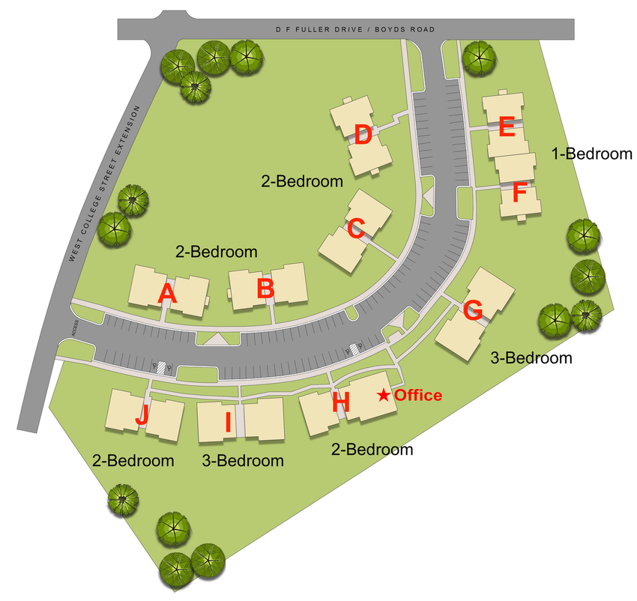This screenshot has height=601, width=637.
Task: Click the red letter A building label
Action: point(168,293)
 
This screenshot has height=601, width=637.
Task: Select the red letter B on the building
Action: point(265,289)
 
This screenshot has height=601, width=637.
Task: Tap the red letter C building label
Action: point(356,229)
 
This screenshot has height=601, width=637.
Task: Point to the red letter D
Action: point(363,136)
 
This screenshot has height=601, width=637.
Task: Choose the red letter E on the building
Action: point(506,127)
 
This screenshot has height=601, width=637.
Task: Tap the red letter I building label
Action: point(228,423)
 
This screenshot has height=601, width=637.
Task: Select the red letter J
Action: point(142,414)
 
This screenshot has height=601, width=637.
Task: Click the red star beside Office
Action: point(383,395)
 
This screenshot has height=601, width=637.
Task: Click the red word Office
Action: point(418,396)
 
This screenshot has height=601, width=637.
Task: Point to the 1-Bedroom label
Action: point(592,154)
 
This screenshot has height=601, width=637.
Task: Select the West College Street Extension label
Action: point(105,183)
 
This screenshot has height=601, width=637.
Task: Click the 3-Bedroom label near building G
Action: point(531,358)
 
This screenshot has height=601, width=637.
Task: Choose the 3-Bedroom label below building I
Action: point(243,460)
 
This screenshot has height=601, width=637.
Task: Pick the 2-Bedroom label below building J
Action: point(133,460)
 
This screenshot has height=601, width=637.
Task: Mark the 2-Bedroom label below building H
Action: point(372,450)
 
